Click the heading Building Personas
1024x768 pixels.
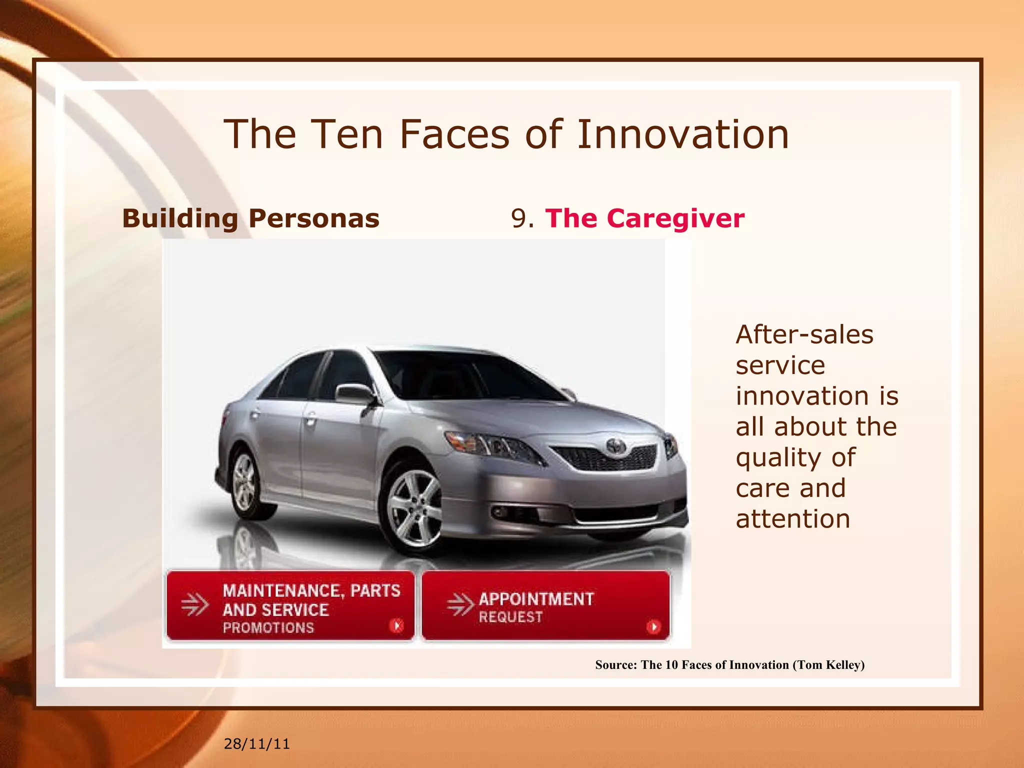coord(250,218)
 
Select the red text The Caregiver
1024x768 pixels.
coord(644,218)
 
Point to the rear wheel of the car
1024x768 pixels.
coord(244,482)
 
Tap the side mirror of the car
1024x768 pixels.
coord(354,394)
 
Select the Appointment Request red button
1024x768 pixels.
coord(545,605)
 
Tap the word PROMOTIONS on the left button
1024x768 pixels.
coord(268,627)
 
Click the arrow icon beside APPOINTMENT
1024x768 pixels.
coord(459,604)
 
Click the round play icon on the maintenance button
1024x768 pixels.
coord(396,625)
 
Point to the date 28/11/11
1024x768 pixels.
coord(256,744)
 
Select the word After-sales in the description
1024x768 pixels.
coord(804,334)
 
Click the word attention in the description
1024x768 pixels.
coord(792,519)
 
